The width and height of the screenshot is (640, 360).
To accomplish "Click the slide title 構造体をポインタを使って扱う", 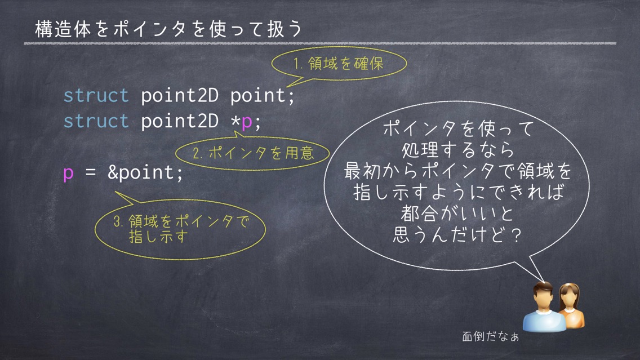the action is point(168,29).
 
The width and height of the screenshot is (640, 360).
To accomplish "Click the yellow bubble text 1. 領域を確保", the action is point(339,64).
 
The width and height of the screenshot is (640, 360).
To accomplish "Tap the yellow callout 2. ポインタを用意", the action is point(252,153).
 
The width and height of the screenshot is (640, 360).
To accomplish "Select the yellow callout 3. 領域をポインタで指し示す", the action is point(180,229).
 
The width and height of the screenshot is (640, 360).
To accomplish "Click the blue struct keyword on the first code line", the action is point(96,96).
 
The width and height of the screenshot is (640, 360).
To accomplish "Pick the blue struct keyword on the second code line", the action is point(96,121).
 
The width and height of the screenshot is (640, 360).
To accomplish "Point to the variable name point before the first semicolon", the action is point(258,96).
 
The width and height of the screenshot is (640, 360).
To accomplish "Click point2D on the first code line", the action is point(180,96).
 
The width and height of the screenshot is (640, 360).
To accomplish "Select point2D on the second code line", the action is point(180,121).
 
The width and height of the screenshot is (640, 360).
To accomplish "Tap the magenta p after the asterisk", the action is point(247,122).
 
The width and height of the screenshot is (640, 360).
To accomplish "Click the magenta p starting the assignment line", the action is point(68,174).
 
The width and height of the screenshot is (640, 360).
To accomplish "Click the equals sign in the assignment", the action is point(91,172).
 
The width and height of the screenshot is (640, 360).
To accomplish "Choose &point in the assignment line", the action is point(141,172).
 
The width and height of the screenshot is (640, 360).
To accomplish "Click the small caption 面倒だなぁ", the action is point(490,336).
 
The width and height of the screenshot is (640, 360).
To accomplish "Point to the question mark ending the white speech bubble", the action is point(516,235).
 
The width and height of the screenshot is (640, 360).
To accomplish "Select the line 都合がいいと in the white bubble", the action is point(457,214).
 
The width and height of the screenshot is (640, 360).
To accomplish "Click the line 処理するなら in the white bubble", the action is point(457,150).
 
